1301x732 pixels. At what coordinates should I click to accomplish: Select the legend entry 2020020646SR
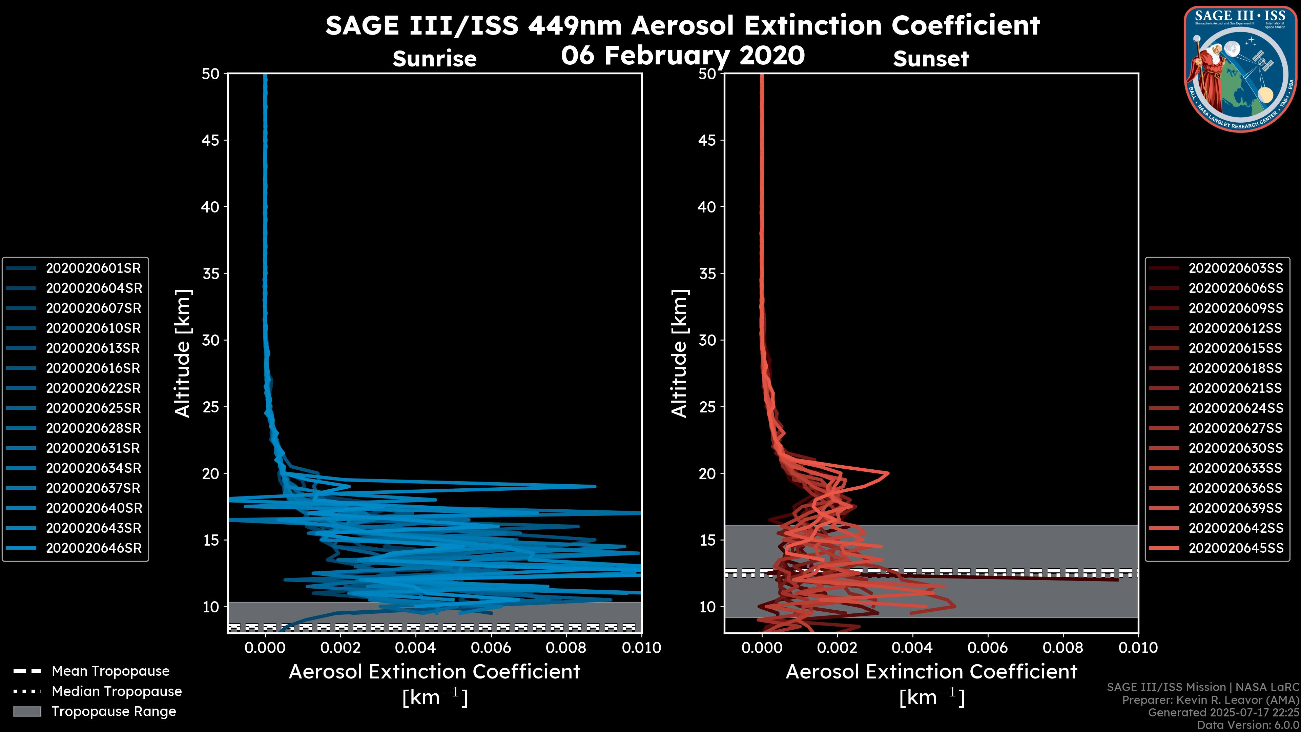[94, 548]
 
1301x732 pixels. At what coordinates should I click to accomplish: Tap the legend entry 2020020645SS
[1235, 548]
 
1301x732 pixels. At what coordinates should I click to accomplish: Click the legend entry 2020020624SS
[1235, 408]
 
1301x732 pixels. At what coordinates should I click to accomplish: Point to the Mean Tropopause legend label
[110, 671]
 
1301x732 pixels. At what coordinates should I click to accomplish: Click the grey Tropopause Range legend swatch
[27, 711]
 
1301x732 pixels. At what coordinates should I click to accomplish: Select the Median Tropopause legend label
[117, 691]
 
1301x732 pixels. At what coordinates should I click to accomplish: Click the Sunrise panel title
[434, 59]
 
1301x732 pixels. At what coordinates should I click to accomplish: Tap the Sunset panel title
[931, 59]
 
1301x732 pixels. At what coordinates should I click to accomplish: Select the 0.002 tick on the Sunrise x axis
[340, 648]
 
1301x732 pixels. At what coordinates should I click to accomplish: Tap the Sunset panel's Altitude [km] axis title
[679, 353]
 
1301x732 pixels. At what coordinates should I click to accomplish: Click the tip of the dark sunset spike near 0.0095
[1117, 580]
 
